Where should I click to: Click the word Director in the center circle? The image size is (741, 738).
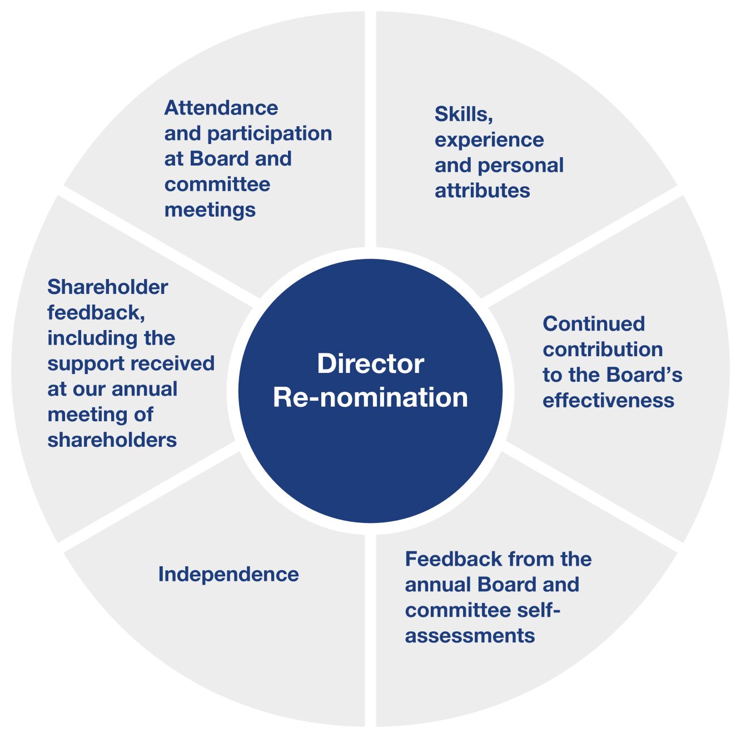pyautogui.click(x=370, y=363)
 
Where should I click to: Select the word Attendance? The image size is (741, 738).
pyautogui.click(x=221, y=108)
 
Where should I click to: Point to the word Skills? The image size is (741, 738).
pyautogui.click(x=464, y=114)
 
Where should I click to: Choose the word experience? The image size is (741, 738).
pyautogui.click(x=489, y=141)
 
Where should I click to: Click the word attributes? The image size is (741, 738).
pyautogui.click(x=482, y=191)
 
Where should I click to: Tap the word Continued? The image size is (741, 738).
pyautogui.click(x=594, y=324)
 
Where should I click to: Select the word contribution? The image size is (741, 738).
pyautogui.click(x=603, y=349)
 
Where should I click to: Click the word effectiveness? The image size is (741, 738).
pyautogui.click(x=608, y=400)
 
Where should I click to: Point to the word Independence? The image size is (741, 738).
pyautogui.click(x=228, y=575)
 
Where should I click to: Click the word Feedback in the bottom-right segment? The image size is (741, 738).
pyautogui.click(x=453, y=559)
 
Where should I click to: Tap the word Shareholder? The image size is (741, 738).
pyautogui.click(x=108, y=287)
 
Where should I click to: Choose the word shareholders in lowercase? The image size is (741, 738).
pyautogui.click(x=112, y=440)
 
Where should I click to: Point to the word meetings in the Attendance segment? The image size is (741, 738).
pyautogui.click(x=210, y=211)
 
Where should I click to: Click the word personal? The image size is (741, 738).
pyautogui.click(x=521, y=166)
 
